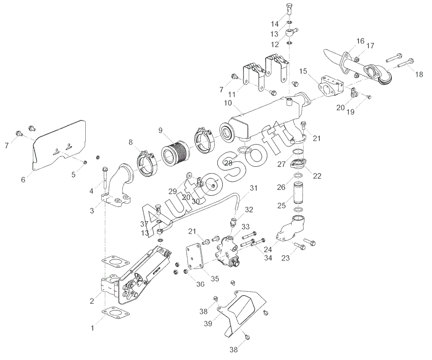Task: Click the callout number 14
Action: (275, 24)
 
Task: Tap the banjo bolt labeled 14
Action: (289, 9)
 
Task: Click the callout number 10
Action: (227, 102)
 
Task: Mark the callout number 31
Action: (254, 188)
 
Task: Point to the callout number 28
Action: (228, 163)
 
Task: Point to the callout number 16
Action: (347, 41)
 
